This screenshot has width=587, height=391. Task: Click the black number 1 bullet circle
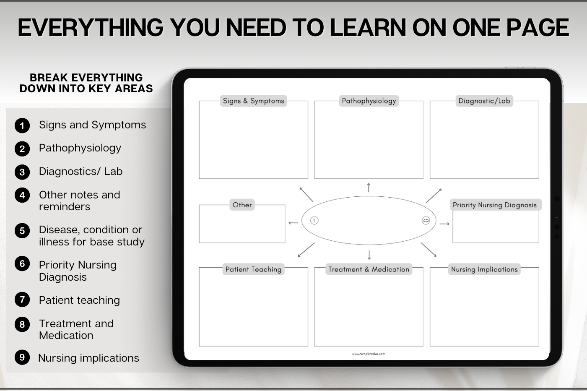point(22,125)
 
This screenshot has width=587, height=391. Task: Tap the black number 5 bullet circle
point(22,230)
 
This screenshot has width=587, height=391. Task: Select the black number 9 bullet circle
point(22,357)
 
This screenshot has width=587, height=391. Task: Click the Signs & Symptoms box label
point(253,101)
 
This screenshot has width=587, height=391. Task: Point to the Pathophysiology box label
point(369,101)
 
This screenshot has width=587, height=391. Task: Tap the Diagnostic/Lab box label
point(484,101)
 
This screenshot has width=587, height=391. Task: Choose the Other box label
point(242,205)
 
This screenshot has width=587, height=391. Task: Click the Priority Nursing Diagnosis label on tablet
point(495,205)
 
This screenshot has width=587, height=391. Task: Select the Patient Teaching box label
point(253,269)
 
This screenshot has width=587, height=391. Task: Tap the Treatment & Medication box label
point(369,269)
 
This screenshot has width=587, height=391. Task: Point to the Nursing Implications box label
point(484,269)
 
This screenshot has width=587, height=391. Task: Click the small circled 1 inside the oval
point(314,221)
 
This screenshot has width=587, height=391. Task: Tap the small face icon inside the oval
point(426,221)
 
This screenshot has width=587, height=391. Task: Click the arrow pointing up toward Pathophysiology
point(369,188)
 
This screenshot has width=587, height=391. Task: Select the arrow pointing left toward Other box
point(293,223)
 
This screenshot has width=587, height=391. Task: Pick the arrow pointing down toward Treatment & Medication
point(369,255)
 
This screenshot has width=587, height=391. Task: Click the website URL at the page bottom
point(369,354)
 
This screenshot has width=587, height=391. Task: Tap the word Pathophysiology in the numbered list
point(80,149)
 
